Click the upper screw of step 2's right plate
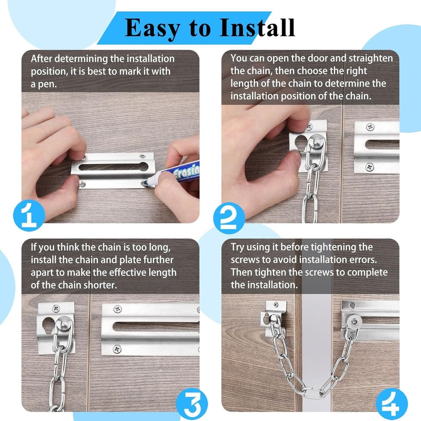tap(369, 127)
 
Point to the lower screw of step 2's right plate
tap(369, 167)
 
